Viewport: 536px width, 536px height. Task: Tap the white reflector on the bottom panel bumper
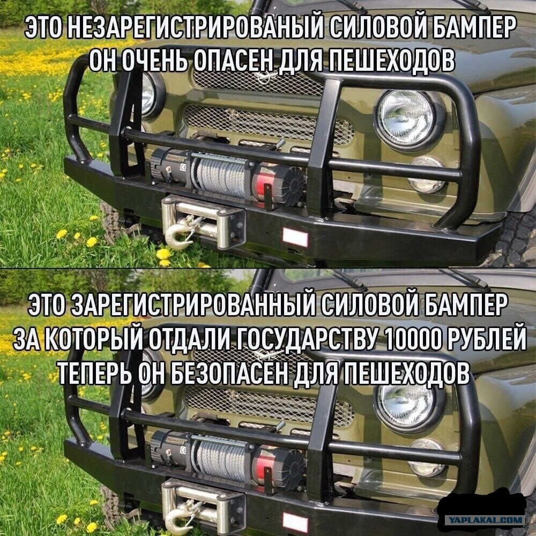click(295, 522)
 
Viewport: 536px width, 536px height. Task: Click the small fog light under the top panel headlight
click(427, 175)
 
